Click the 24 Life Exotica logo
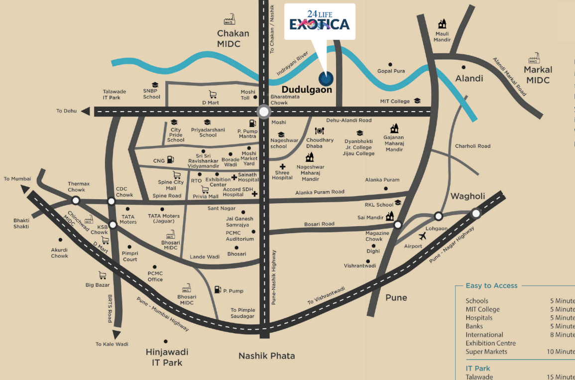(x=320, y=21)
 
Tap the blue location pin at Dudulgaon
(x=327, y=78)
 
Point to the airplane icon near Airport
(x=423, y=236)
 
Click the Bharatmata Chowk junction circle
(x=263, y=112)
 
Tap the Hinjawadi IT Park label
(x=166, y=357)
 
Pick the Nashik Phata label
(x=266, y=356)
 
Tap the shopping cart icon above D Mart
(x=213, y=94)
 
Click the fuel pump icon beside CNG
(x=171, y=160)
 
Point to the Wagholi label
(x=467, y=196)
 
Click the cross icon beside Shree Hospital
(x=283, y=167)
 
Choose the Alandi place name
(x=469, y=78)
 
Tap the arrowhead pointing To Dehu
(x=86, y=111)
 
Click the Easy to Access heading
(x=491, y=286)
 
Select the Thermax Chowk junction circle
(x=76, y=200)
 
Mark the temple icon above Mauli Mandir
(x=442, y=24)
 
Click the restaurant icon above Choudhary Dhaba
(x=320, y=131)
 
